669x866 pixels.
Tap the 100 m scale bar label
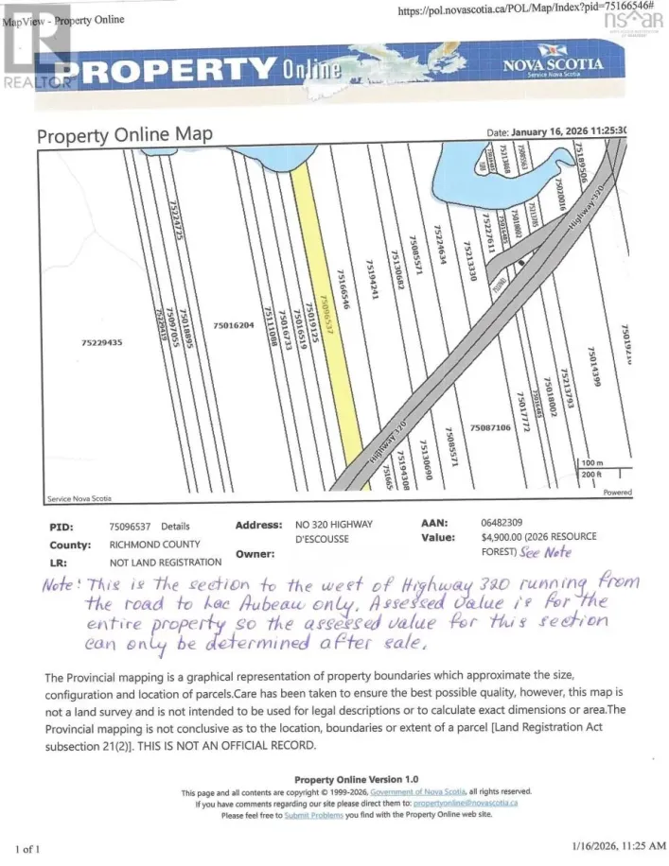pyautogui.click(x=592, y=462)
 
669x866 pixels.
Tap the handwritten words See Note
pyautogui.click(x=546, y=553)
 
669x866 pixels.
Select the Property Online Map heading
pyautogui.click(x=124, y=135)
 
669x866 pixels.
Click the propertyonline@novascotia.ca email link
pyautogui.click(x=469, y=804)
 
